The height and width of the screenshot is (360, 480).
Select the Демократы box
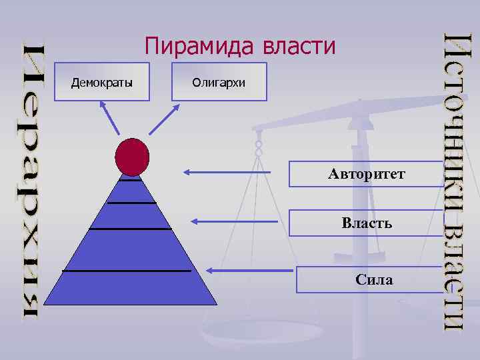click(102, 82)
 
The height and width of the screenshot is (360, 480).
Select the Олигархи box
click(219, 82)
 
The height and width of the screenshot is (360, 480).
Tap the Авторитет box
click(366, 175)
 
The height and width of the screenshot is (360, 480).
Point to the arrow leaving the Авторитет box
click(227, 173)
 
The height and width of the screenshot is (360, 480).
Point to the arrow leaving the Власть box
click(233, 221)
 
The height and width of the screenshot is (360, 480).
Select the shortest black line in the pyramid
click(131, 180)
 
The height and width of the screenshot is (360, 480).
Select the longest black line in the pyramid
click(127, 271)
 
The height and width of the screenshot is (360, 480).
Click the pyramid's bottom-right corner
click(216, 304)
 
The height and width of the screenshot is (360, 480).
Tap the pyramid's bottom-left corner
click(45, 304)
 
